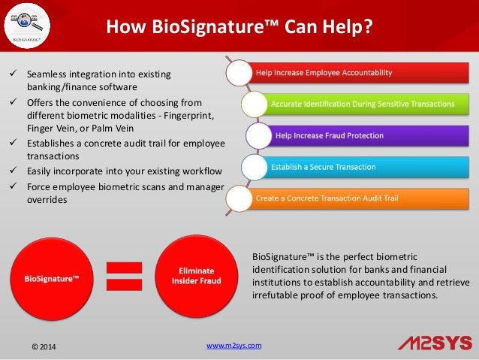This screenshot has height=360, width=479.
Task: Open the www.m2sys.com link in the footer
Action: pyautogui.click(x=233, y=345)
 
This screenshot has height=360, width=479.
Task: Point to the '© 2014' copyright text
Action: pyautogui.click(x=42, y=346)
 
